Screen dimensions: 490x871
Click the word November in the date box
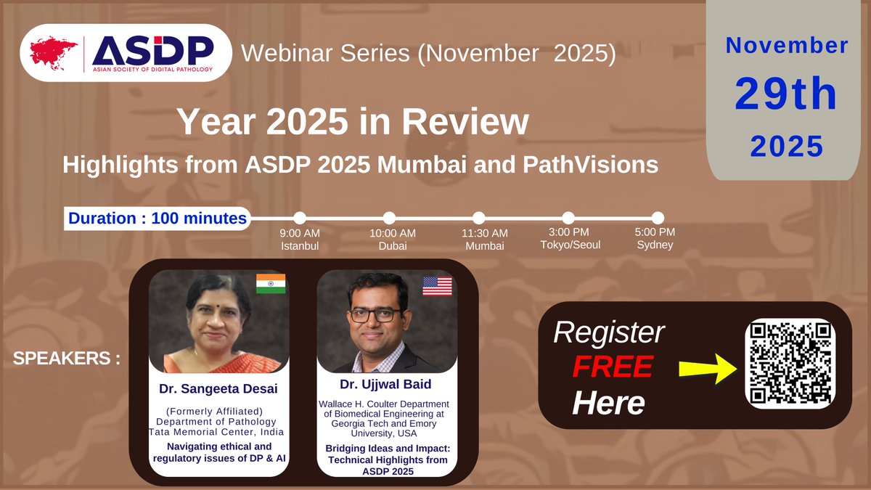[x=787, y=46]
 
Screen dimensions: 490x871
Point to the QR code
[x=790, y=362]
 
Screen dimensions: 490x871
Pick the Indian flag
[x=271, y=285]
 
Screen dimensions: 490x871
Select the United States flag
[x=437, y=286]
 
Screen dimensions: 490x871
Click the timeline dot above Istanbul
[x=300, y=218]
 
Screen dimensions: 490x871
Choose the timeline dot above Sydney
[x=658, y=218]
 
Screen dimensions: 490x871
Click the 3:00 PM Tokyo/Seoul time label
[x=568, y=239]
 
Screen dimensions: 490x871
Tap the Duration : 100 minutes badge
[x=156, y=218]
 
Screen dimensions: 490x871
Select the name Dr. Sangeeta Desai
[x=218, y=389]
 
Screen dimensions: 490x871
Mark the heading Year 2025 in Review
[x=353, y=122]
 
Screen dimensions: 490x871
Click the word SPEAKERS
[x=66, y=359]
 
